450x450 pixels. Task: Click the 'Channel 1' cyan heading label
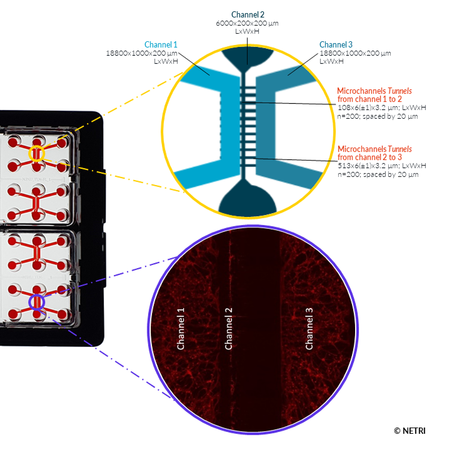161,45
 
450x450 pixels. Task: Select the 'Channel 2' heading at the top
247,15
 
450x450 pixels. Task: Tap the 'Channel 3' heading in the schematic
336,45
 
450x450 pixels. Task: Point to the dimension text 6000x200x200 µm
247,23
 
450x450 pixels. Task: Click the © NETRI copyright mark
409,431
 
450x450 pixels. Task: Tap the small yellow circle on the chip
36,154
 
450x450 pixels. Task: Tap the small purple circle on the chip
36,301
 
